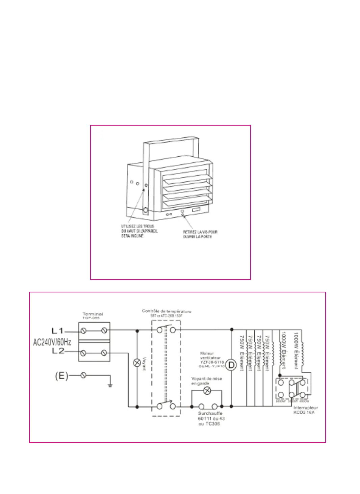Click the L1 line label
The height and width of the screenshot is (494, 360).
(57, 330)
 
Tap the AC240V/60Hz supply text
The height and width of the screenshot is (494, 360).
(52, 342)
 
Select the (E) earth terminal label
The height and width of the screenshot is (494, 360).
(61, 375)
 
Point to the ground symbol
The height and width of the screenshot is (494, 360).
(110, 385)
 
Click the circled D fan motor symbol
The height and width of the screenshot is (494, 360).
(231, 365)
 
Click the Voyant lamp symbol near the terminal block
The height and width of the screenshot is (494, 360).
(137, 363)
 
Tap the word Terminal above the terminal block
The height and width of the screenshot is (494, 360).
(93, 314)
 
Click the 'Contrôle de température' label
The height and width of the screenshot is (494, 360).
(166, 311)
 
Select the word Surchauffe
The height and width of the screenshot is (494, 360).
(210, 413)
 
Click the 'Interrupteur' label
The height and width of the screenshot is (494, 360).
(306, 408)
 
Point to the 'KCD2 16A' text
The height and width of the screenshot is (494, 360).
(304, 412)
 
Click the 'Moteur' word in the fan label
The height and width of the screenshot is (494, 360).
(207, 354)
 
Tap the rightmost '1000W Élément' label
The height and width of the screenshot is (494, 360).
(296, 350)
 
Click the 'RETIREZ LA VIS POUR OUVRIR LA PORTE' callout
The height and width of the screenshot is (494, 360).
(200, 234)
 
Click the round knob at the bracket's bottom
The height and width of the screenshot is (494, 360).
(145, 211)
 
